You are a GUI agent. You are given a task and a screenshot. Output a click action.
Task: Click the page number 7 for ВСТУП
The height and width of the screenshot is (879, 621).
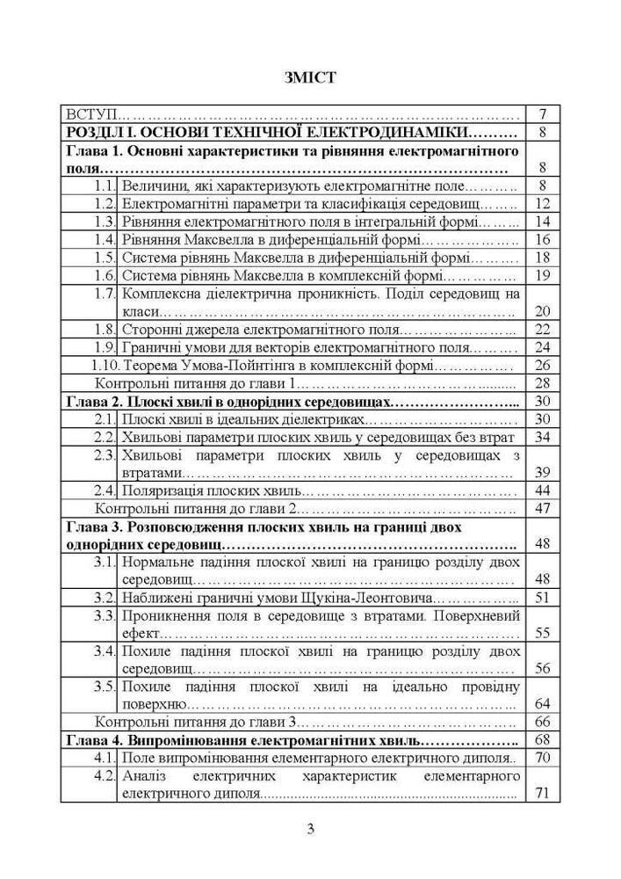(x=542, y=114)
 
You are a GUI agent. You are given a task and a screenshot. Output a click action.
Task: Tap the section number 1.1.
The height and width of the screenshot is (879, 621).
(x=106, y=185)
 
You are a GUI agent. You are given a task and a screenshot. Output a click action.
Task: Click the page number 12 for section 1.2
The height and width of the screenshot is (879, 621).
(x=541, y=204)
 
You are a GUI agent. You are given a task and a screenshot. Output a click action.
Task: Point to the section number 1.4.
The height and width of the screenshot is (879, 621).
(x=106, y=239)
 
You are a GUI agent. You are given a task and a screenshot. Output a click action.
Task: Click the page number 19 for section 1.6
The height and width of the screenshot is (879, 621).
(x=541, y=275)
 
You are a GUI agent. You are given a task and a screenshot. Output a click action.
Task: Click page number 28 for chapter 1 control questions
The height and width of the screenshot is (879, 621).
(x=541, y=383)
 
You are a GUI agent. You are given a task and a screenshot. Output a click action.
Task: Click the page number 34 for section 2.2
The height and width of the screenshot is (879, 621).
(x=541, y=437)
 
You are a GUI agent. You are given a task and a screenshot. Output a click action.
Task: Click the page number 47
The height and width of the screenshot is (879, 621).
(x=541, y=509)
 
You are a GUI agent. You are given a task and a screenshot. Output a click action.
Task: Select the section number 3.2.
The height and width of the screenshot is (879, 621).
(x=106, y=599)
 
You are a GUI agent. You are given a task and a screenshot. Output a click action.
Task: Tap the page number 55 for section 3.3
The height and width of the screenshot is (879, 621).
(x=541, y=633)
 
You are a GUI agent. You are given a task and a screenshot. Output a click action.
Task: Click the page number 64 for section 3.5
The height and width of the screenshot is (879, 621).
(x=541, y=704)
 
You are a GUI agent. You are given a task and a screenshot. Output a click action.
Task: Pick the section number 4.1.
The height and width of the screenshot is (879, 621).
(x=106, y=758)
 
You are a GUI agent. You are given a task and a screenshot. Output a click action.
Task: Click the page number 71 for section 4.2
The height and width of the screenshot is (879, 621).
(x=541, y=794)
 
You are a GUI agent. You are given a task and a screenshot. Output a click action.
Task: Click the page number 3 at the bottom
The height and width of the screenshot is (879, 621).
(x=310, y=830)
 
